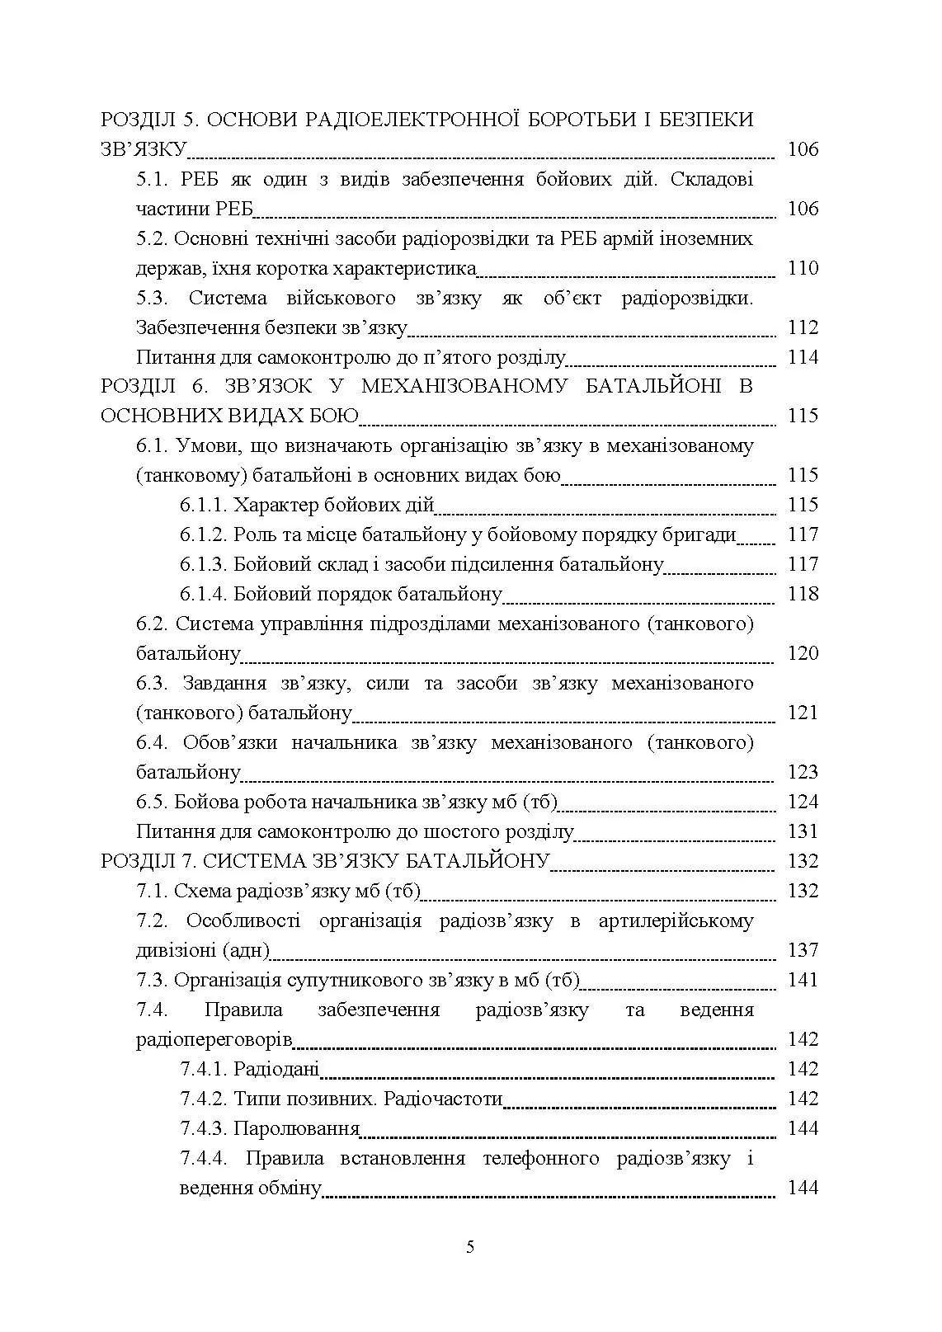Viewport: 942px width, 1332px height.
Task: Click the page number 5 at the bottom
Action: click(x=470, y=1246)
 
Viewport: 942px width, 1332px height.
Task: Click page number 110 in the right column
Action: click(x=803, y=268)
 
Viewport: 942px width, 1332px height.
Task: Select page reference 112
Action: click(x=803, y=327)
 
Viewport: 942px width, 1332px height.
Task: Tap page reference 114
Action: click(x=803, y=357)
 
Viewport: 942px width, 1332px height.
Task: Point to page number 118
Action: click(x=803, y=594)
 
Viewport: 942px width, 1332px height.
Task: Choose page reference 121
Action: click(x=803, y=713)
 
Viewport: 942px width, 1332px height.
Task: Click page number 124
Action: click(x=803, y=802)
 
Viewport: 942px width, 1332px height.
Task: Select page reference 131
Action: click(x=803, y=831)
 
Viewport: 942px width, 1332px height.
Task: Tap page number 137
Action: click(x=803, y=950)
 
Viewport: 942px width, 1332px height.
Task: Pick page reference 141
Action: click(x=803, y=980)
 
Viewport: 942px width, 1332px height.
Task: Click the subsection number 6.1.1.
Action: click(x=203, y=505)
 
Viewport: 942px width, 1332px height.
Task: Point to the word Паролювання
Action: click(x=297, y=1128)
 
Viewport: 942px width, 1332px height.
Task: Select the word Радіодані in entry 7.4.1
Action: click(x=276, y=1069)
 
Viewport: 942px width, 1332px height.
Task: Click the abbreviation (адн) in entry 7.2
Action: click(x=246, y=950)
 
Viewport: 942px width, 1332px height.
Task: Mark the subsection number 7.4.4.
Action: click(x=203, y=1158)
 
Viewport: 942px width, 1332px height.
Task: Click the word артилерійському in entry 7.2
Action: click(x=676, y=920)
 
